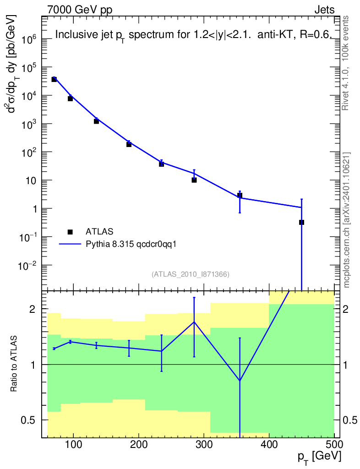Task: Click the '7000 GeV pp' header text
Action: point(80,10)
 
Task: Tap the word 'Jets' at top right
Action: point(324,10)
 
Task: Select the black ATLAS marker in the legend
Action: point(70,232)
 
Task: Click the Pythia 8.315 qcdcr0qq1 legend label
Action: point(131,245)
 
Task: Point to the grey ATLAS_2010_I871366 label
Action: point(191,274)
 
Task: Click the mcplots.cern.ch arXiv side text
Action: point(346,220)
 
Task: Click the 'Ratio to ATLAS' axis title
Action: point(13,364)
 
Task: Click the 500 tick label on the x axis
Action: point(334,444)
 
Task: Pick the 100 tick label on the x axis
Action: point(74,444)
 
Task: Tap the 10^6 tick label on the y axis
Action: point(29,39)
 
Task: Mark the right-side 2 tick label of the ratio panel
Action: point(345,309)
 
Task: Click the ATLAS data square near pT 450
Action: point(301,222)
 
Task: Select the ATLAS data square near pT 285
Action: point(194,180)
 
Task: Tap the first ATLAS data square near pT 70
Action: point(54,79)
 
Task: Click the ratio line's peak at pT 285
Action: point(194,322)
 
